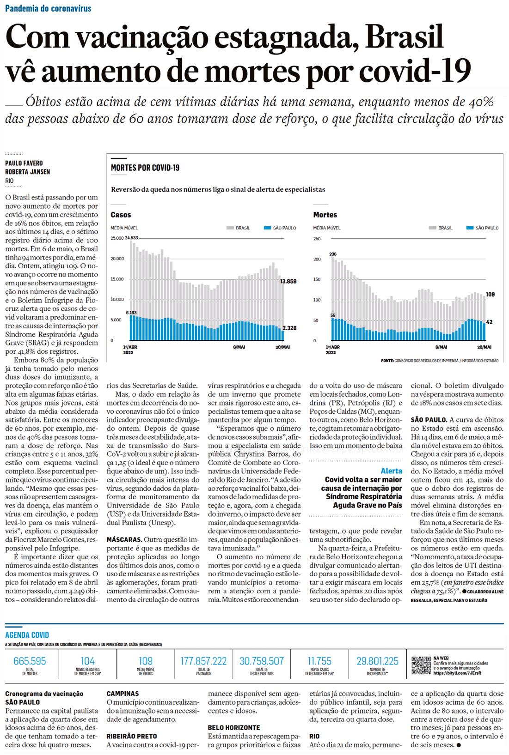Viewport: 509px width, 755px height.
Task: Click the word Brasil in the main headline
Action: coord(404,36)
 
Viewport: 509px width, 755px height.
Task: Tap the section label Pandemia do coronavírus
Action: coord(48,8)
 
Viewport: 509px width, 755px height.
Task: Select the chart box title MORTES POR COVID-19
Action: coord(145,168)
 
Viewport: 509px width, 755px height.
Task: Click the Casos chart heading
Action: coord(121,215)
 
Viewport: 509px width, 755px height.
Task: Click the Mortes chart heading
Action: coord(325,215)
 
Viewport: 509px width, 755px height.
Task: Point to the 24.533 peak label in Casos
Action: coord(131,238)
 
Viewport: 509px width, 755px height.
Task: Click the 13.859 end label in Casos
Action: coord(288,281)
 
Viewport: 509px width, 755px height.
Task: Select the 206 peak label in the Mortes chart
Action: coord(333,254)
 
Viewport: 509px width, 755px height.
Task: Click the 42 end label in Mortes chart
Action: coord(489,322)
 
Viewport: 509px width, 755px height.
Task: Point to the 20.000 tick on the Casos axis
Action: coord(117,259)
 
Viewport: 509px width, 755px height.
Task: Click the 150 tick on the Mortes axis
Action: coord(317,279)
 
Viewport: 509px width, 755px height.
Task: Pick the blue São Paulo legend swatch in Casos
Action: coord(267,228)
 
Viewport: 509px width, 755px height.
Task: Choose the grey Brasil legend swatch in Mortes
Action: coord(432,228)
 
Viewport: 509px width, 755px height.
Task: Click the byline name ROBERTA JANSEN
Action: coord(28,172)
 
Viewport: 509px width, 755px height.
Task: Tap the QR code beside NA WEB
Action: coord(421,665)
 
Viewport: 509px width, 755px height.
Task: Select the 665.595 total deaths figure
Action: coord(30,661)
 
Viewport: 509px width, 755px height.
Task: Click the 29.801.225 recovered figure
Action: coord(377,661)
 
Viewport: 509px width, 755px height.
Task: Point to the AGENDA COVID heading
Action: coord(27,635)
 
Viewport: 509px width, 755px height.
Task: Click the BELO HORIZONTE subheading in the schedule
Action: coord(234,728)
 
